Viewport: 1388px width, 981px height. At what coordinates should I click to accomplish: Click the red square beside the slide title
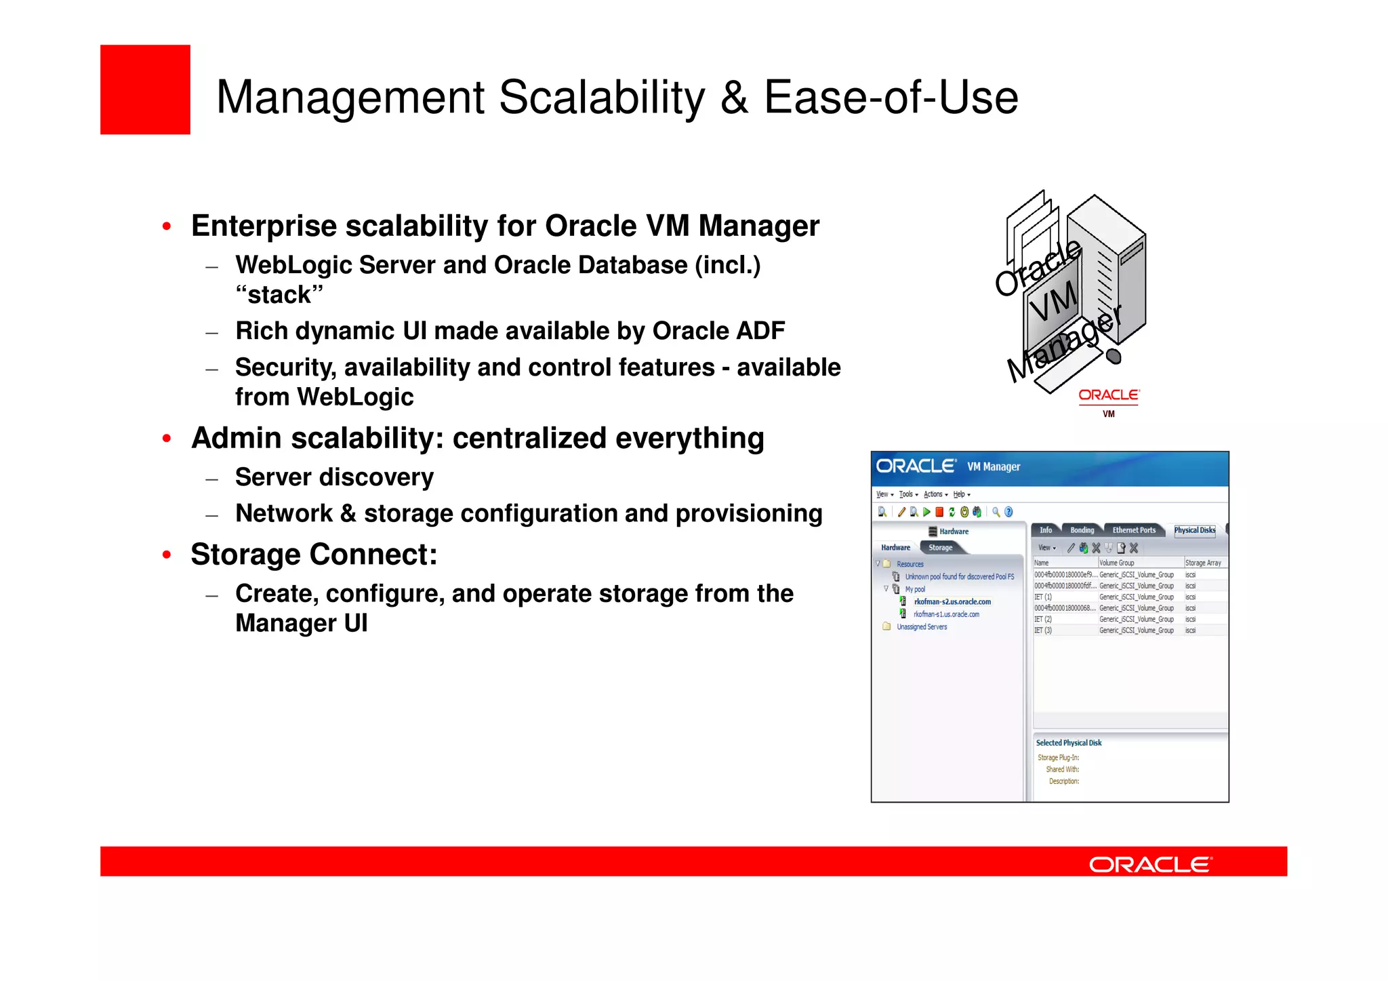pos(145,89)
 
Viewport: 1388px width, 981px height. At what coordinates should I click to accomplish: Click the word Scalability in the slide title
pos(602,98)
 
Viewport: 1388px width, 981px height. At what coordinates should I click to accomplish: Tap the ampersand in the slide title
pos(734,98)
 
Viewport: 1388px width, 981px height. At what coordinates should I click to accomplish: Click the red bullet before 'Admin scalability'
pos(167,439)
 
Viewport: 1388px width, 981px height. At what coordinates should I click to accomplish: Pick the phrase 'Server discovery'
pos(334,477)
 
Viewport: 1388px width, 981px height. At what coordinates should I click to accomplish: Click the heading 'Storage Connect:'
pos(314,555)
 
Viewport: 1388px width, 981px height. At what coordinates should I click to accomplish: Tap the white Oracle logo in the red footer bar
pos(1149,864)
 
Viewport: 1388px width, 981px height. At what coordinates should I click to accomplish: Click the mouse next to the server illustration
pos(1113,356)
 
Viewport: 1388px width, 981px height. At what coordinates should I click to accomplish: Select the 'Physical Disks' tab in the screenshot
pos(1194,530)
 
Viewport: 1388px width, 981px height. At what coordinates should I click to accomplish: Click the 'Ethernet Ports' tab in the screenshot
pos(1133,530)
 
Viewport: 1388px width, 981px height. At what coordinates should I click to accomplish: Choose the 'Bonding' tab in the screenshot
pos(1082,530)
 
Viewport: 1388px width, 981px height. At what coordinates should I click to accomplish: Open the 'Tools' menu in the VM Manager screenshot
pos(907,494)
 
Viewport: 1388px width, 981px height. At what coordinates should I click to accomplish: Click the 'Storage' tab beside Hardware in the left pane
pos(940,547)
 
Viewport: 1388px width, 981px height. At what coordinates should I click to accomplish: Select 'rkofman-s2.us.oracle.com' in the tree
pos(952,601)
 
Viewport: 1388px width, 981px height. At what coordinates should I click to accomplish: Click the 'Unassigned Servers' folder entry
pos(921,627)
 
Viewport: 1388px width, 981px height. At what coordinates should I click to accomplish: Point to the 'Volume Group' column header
pos(1116,563)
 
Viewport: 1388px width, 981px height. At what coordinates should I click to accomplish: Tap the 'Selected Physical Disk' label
pos(1068,743)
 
